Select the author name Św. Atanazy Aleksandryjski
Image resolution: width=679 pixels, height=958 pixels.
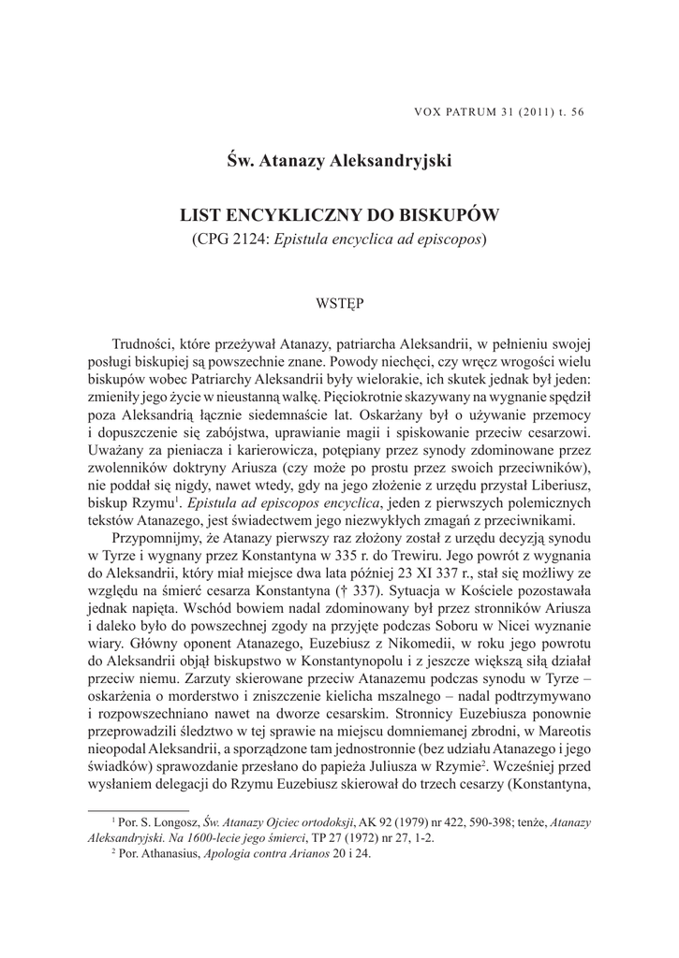click(x=339, y=161)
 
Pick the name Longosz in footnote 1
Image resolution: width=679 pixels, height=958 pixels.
click(x=165, y=822)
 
